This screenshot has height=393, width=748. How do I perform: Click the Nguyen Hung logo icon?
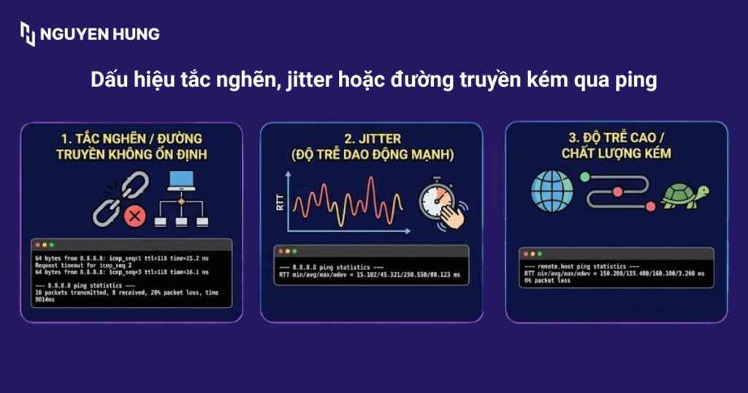pyautogui.click(x=27, y=34)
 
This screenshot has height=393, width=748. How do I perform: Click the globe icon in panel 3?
pyautogui.click(x=552, y=191)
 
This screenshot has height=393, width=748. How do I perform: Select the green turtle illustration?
pyautogui.click(x=684, y=195)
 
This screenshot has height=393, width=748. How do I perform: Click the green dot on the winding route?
pyautogui.click(x=584, y=177)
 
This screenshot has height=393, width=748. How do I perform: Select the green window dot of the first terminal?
pyautogui.click(x=53, y=245)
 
